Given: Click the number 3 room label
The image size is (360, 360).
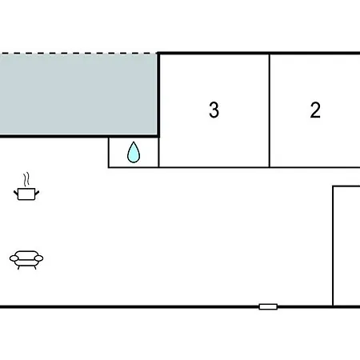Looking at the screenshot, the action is coord(214,110).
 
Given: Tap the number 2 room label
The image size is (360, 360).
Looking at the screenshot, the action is coord(315,110).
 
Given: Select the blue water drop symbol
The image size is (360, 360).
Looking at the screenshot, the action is coord(134,152).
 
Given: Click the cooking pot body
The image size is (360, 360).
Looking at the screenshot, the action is coord(26,194).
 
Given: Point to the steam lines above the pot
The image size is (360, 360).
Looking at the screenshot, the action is coord(26,179).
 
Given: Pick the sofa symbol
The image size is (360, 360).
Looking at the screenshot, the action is coord(26,260).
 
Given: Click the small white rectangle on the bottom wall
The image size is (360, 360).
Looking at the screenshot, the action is coord(268,306).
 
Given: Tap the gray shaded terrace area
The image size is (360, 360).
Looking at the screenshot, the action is coord(78,94).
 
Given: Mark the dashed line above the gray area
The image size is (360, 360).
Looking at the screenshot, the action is coord(78,54).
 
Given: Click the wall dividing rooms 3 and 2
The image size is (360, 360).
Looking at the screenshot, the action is coord(270,110).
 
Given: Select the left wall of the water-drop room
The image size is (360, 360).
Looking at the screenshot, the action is coord(109,153).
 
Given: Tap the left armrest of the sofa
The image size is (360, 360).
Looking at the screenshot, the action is coord(14,258).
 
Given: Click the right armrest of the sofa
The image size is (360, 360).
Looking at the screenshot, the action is coord(38,258).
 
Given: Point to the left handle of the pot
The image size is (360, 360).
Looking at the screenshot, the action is coord(16,193).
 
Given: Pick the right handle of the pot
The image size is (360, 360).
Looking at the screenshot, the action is coord(37,193).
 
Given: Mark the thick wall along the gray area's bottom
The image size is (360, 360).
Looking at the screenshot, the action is coord(79,136).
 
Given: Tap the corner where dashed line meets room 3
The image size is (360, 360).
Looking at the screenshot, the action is coord(158,54).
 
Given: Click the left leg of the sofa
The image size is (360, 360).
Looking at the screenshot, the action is coord(18,267).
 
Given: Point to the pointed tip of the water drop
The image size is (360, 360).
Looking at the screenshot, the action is coord(134,142).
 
